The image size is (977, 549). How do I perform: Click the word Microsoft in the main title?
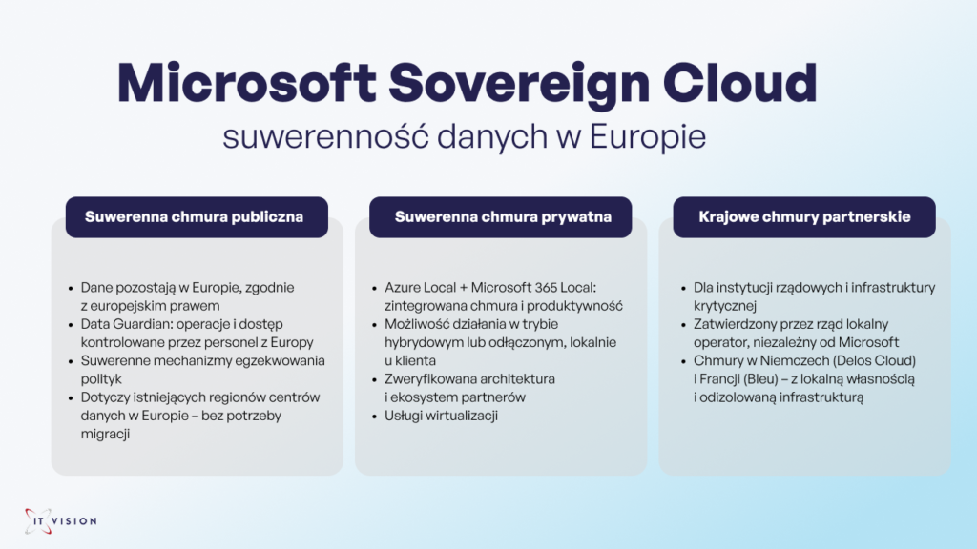tap(246, 82)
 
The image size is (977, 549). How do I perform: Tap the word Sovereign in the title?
tap(519, 85)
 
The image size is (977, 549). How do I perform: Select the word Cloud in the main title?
tap(739, 82)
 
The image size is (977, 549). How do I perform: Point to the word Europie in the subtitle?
tap(648, 137)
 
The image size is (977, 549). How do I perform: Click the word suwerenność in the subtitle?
tap(325, 135)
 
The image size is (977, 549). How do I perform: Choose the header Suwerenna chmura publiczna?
tap(195, 216)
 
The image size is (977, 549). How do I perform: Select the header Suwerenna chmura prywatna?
tap(503, 216)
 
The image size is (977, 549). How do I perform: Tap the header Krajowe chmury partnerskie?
tap(804, 216)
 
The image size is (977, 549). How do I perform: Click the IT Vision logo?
tap(60, 521)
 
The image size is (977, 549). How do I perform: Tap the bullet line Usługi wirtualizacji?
tap(441, 416)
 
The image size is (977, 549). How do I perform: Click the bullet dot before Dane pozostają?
tap(71, 288)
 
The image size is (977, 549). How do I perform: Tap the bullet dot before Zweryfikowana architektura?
tap(374, 379)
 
